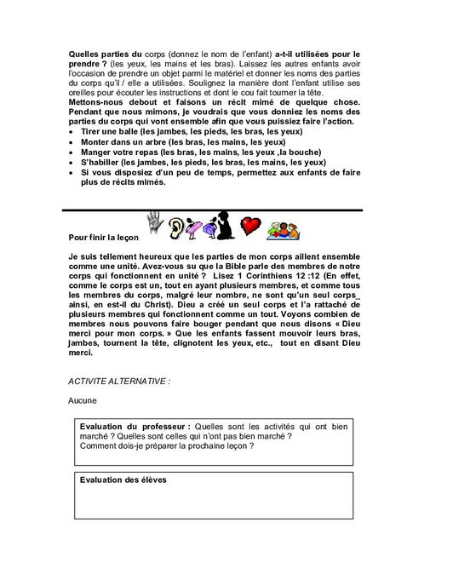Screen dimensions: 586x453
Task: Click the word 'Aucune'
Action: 83,399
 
